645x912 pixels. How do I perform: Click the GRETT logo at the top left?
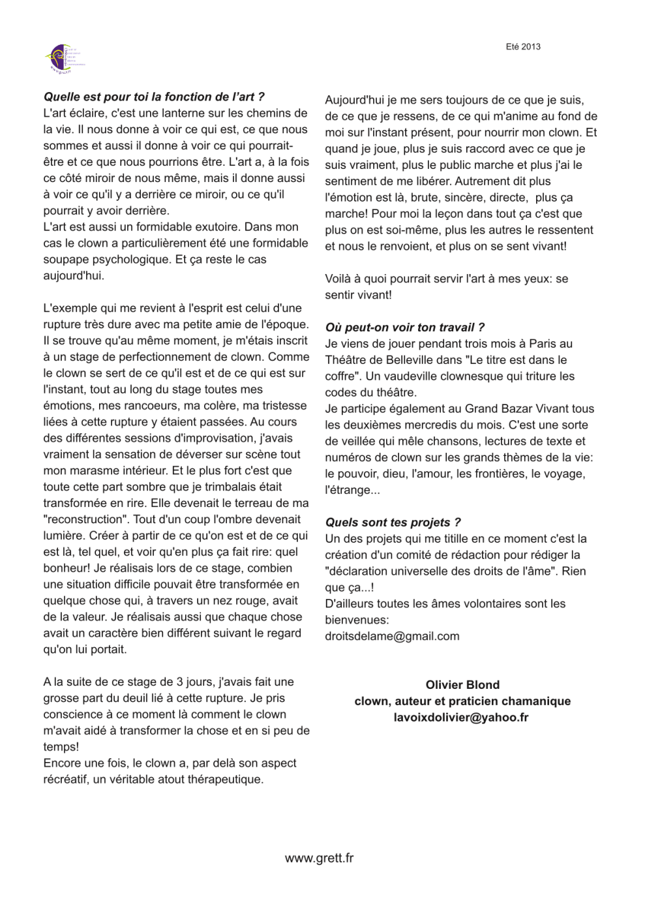click(64, 59)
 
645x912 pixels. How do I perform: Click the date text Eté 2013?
click(523, 47)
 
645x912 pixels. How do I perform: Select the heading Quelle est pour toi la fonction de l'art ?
click(154, 97)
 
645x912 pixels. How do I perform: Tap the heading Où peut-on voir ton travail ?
click(404, 327)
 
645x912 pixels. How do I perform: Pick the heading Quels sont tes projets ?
click(393, 523)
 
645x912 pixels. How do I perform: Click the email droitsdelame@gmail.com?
click(392, 636)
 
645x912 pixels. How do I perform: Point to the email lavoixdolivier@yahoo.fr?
click(461, 718)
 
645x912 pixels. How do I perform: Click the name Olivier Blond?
click(462, 685)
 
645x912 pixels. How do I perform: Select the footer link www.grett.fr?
click(319, 859)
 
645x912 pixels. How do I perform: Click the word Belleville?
click(410, 360)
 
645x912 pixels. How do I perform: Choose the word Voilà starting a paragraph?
click(340, 279)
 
